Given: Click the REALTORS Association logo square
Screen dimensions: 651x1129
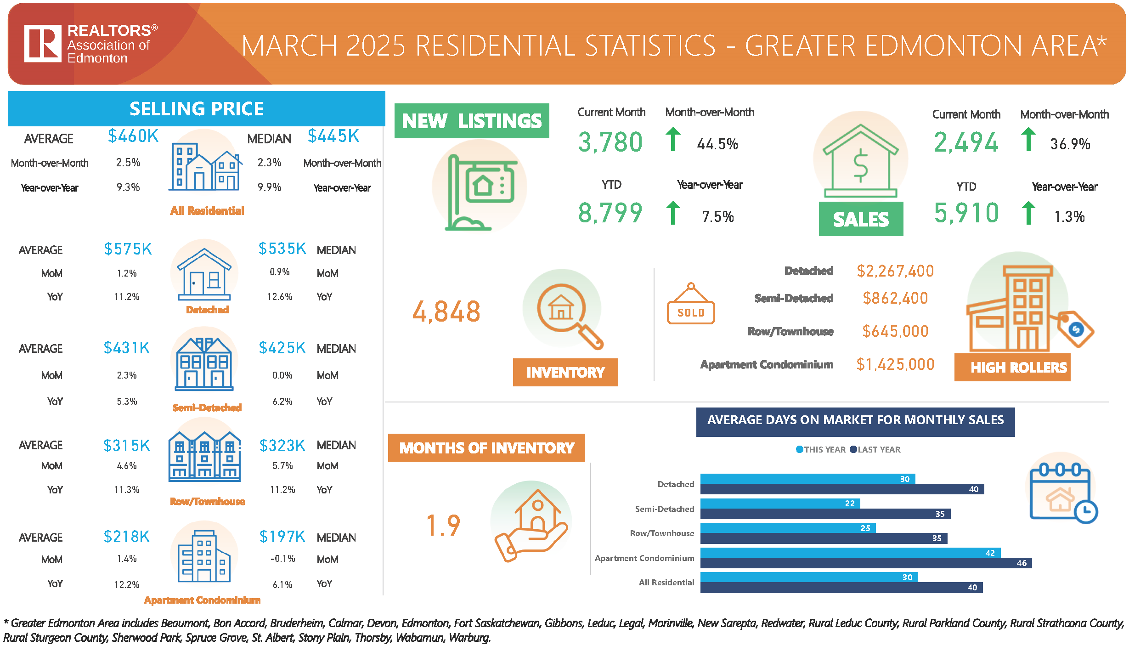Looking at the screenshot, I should pyautogui.click(x=43, y=44).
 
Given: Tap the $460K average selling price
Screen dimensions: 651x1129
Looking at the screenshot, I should pyautogui.click(x=133, y=136).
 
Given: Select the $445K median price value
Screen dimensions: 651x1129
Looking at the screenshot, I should pyautogui.click(x=333, y=136).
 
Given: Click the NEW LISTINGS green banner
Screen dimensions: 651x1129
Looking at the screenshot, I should pyautogui.click(x=472, y=121).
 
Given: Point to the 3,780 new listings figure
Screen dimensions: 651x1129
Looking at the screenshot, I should pyautogui.click(x=610, y=142).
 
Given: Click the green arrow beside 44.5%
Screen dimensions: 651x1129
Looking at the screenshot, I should pyautogui.click(x=673, y=139).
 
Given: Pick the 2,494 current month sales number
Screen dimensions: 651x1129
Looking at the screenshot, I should pyautogui.click(x=966, y=142).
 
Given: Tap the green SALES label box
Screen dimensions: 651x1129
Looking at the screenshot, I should pyautogui.click(x=861, y=219).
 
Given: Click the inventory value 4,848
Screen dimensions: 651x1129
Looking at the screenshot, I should pyautogui.click(x=446, y=312).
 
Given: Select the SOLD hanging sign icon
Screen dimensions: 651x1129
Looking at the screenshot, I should pyautogui.click(x=691, y=305).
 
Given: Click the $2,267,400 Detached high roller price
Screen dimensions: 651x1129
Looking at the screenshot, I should pyautogui.click(x=895, y=271).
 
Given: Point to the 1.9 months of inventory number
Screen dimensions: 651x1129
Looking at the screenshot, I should pyautogui.click(x=443, y=526).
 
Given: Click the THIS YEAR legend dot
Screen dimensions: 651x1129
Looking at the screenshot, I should pyautogui.click(x=800, y=449).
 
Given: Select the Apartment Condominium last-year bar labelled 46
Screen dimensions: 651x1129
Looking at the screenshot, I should pyautogui.click(x=866, y=563).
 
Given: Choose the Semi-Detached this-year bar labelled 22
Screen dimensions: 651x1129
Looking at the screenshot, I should pyautogui.click(x=780, y=504).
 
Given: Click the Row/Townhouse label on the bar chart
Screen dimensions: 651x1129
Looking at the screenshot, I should pyautogui.click(x=662, y=533).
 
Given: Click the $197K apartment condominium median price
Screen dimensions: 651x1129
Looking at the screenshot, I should pyautogui.click(x=282, y=537).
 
